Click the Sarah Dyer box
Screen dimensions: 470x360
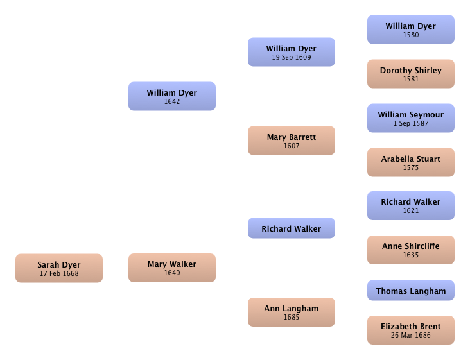(x=59, y=268)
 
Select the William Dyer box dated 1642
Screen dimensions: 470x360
(x=172, y=96)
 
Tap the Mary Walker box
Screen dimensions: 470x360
(x=172, y=268)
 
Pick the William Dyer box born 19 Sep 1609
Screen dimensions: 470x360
(x=292, y=52)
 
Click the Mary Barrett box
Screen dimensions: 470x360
(x=292, y=141)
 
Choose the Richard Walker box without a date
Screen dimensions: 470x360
(x=292, y=228)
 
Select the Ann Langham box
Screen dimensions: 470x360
(x=292, y=312)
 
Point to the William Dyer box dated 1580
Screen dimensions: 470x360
(x=411, y=30)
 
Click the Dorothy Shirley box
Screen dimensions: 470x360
(x=411, y=74)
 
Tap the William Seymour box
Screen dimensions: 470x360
(x=411, y=118)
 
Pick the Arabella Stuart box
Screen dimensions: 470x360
(x=411, y=162)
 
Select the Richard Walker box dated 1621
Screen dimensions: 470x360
(x=411, y=206)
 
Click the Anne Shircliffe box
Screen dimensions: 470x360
(x=411, y=250)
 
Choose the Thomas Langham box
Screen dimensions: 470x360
(x=411, y=291)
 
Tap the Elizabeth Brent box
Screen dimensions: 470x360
(x=411, y=330)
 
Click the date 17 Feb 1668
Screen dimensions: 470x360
(x=59, y=273)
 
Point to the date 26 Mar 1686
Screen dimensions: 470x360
(x=411, y=335)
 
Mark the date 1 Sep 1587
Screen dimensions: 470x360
(x=411, y=123)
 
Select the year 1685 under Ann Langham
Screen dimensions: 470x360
(x=292, y=317)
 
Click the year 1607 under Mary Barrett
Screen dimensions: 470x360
(x=292, y=146)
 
